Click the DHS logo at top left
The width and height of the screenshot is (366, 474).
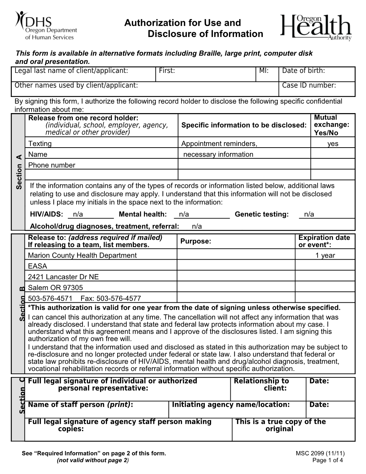pos(45,25)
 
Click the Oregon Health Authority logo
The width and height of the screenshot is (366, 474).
pos(316,28)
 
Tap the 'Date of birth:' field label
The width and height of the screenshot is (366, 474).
pos(303,71)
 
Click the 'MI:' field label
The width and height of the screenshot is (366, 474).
pos(264,71)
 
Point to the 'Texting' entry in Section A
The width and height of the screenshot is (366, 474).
pos(40,144)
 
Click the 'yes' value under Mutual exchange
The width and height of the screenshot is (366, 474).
pos(333,144)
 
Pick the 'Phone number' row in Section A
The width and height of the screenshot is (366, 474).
pos(52,165)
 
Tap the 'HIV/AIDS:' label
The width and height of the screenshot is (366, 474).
pos(47,214)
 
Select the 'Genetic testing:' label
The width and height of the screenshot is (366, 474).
pos(262,214)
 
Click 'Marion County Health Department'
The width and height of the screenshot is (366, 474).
pos(82,255)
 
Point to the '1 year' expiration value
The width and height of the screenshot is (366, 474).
pos(325,255)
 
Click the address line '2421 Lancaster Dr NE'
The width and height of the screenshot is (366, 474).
pos(63,277)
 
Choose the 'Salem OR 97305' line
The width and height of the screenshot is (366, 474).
pos(55,288)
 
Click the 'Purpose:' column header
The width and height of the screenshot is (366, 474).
pos(196,241)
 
